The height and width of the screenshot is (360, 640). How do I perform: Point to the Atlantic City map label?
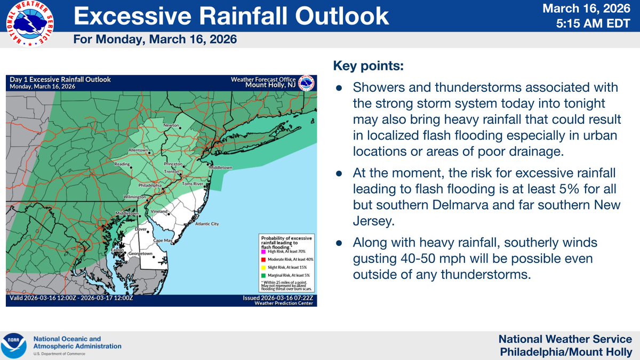pyautogui.click(x=207, y=224)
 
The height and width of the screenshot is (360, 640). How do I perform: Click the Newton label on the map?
pyautogui.click(x=171, y=125)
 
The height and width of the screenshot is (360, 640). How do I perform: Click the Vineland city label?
pyautogui.click(x=160, y=212)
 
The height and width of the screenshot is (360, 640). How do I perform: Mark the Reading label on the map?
pyautogui.click(x=122, y=164)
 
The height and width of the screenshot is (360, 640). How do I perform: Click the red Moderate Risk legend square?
pyautogui.click(x=263, y=259)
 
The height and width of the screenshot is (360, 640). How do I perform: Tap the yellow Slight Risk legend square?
pyautogui.click(x=263, y=266)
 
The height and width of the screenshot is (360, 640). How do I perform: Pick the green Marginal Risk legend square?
pyautogui.click(x=263, y=274)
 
